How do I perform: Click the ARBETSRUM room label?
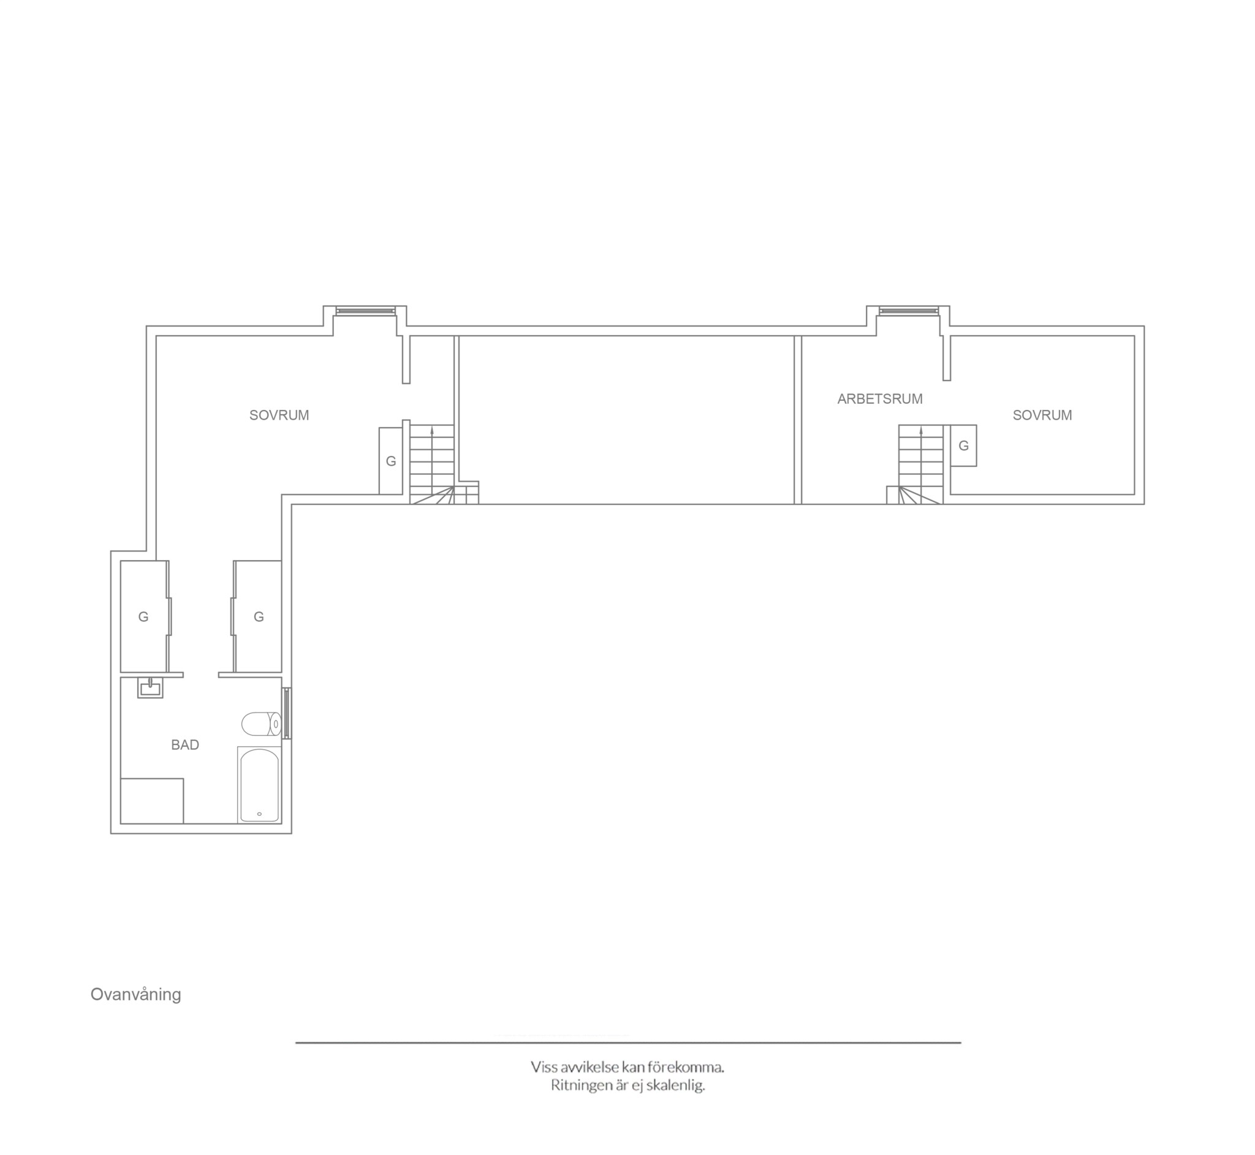[x=880, y=399]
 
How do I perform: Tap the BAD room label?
[x=185, y=745]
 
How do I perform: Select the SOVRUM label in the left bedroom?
[x=279, y=415]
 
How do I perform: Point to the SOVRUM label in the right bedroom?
[x=1042, y=415]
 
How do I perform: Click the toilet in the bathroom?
[x=261, y=724]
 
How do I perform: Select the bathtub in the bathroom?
[x=259, y=784]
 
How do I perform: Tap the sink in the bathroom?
[x=150, y=688]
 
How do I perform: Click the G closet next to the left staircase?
[x=390, y=461]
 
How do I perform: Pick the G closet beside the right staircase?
[x=964, y=445]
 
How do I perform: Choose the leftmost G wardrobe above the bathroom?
[x=144, y=617]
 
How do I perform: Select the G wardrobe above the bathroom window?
[x=257, y=617]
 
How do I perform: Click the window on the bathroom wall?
[x=287, y=713]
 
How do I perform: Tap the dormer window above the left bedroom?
[x=366, y=311]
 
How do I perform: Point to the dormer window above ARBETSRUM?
[x=909, y=311]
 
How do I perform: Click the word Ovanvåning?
[x=135, y=995]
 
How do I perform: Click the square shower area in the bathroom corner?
[x=152, y=801]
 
